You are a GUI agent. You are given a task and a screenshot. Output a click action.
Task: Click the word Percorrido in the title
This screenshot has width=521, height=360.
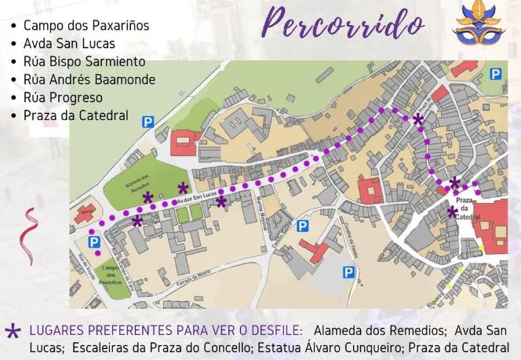point(343,24)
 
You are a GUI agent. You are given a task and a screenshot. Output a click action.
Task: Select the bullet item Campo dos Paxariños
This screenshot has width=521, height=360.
point(86,26)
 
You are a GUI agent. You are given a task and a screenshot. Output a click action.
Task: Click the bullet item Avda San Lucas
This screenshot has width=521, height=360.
point(69,44)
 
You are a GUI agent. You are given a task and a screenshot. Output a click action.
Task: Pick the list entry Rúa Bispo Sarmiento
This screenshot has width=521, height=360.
point(84,61)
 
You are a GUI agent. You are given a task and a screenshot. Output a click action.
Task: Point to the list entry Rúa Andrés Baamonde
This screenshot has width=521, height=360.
point(89,79)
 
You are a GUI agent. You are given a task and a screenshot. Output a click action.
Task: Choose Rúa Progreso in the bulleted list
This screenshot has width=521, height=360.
point(63,97)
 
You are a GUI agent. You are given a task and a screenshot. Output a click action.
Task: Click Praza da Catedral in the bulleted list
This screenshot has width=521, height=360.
point(75,115)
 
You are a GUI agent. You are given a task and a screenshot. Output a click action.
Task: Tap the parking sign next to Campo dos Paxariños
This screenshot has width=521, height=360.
point(95,243)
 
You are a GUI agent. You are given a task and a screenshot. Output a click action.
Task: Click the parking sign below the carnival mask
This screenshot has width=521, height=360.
point(495,74)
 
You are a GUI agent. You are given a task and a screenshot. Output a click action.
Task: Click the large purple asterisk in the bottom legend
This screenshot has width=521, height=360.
point(13,331)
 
